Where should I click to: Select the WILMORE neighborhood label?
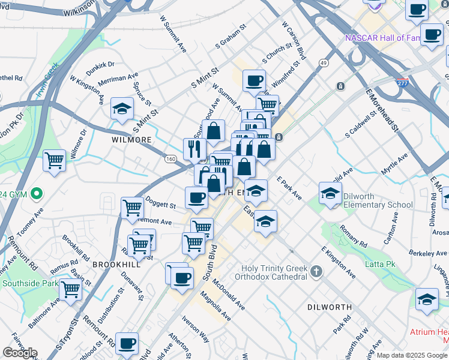[x=131, y=140]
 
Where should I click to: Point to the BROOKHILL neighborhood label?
[x=116, y=264]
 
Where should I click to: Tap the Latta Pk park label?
[x=381, y=264]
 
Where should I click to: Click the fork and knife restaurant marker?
[x=194, y=149]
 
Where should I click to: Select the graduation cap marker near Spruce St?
[x=122, y=109]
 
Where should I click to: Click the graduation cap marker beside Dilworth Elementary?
[x=330, y=193]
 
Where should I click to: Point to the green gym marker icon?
[x=37, y=194]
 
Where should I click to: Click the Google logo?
[x=20, y=353]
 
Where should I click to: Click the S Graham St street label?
[x=232, y=38]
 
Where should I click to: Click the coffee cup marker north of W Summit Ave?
[x=254, y=80]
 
